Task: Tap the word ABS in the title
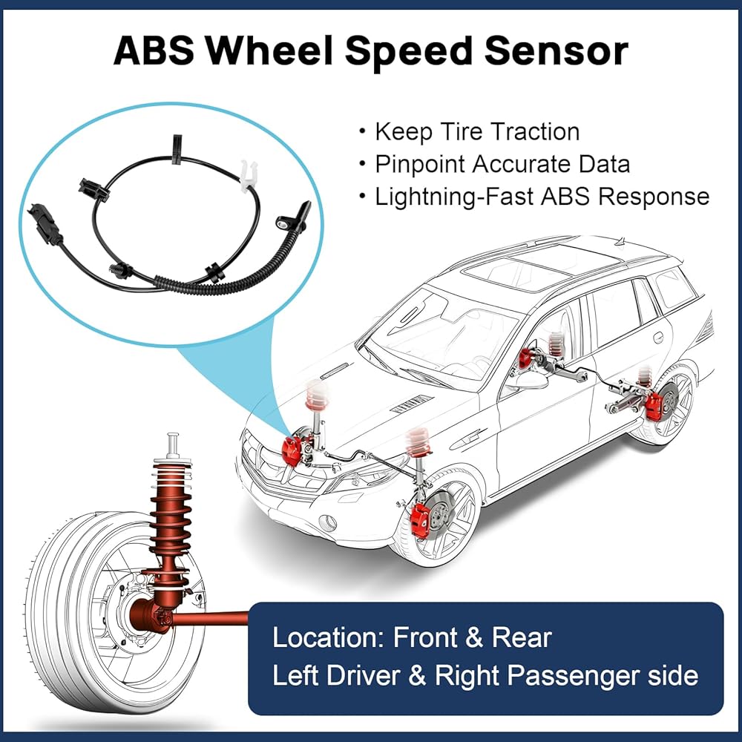pyautogui.click(x=154, y=50)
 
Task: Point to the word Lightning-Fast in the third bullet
pyautogui.click(x=454, y=197)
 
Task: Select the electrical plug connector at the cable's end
pyautogui.click(x=45, y=225)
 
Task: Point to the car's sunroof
pyautogui.click(x=540, y=268)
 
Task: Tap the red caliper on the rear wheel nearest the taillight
pyautogui.click(x=654, y=405)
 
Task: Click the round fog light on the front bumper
pyautogui.click(x=327, y=522)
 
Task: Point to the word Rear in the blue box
pyautogui.click(x=522, y=637)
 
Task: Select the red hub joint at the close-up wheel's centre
pyautogui.click(x=150, y=614)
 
